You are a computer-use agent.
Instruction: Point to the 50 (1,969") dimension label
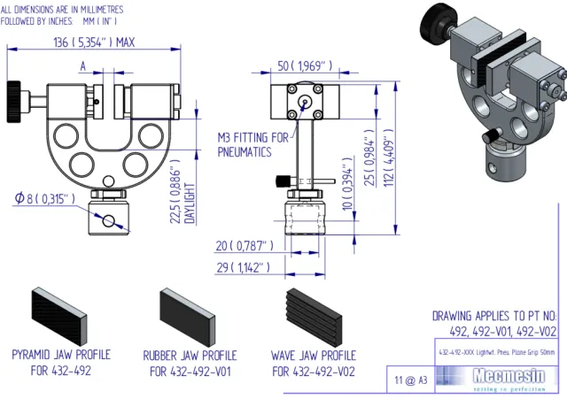[305, 65]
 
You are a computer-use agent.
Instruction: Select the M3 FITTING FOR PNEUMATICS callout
[253, 144]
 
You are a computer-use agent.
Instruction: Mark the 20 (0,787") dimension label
[245, 245]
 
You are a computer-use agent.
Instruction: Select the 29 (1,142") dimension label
[242, 266]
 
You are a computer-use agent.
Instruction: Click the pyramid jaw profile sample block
[59, 316]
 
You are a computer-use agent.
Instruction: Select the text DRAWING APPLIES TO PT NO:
[493, 315]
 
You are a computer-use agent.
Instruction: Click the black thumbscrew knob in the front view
[14, 92]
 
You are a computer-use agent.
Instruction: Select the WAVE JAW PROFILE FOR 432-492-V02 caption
[313, 364]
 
